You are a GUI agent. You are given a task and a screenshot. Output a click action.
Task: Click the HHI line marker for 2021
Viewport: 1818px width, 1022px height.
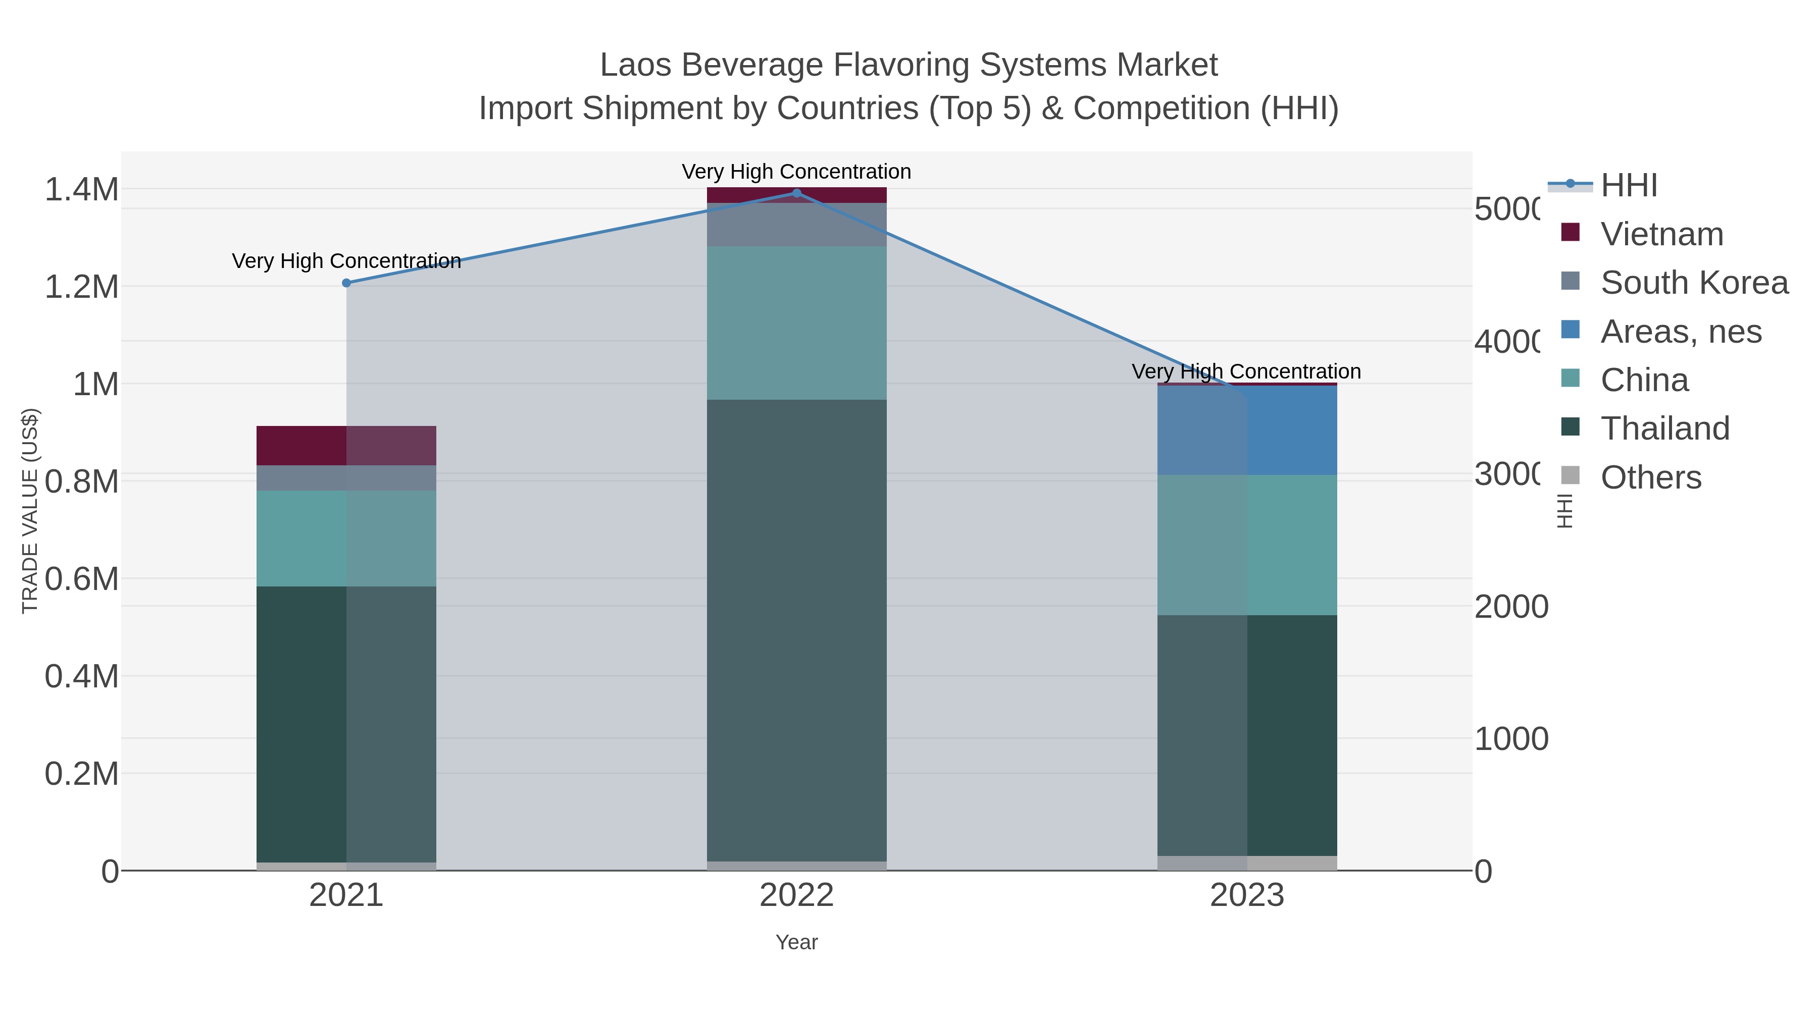[346, 283]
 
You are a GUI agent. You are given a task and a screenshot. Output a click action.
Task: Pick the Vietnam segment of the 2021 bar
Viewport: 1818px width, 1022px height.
[346, 445]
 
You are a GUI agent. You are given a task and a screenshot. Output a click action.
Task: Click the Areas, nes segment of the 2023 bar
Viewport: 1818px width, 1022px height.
[1247, 430]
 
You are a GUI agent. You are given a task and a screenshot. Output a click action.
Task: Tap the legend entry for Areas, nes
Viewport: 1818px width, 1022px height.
[1680, 332]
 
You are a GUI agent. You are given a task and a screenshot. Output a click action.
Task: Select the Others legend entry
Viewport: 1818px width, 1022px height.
[1649, 477]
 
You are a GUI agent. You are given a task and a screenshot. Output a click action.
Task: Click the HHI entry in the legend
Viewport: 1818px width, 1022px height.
[1628, 186]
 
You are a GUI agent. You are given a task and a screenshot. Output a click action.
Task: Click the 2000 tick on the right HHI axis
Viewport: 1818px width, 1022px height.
[1510, 607]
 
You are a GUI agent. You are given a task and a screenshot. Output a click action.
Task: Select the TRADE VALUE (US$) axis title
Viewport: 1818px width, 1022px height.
[30, 511]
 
